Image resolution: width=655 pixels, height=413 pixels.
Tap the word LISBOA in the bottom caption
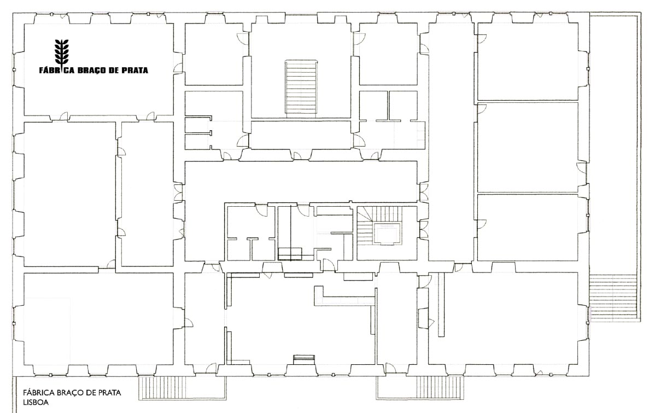click(x=36, y=403)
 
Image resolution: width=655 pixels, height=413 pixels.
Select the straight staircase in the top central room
click(x=301, y=87)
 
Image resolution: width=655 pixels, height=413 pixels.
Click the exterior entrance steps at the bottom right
click(x=440, y=387)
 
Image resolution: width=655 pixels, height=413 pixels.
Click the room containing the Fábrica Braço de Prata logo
click(x=98, y=69)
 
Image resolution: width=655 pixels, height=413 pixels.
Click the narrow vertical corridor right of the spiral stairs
click(x=451, y=142)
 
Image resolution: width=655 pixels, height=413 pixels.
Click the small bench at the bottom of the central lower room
click(x=303, y=359)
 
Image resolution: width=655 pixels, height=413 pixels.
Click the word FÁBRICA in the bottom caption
click(x=38, y=393)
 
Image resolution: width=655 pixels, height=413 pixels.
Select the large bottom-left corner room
click(x=98, y=319)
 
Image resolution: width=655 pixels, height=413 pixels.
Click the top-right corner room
click(x=528, y=61)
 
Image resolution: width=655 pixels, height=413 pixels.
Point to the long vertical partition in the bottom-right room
click(x=441, y=305)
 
